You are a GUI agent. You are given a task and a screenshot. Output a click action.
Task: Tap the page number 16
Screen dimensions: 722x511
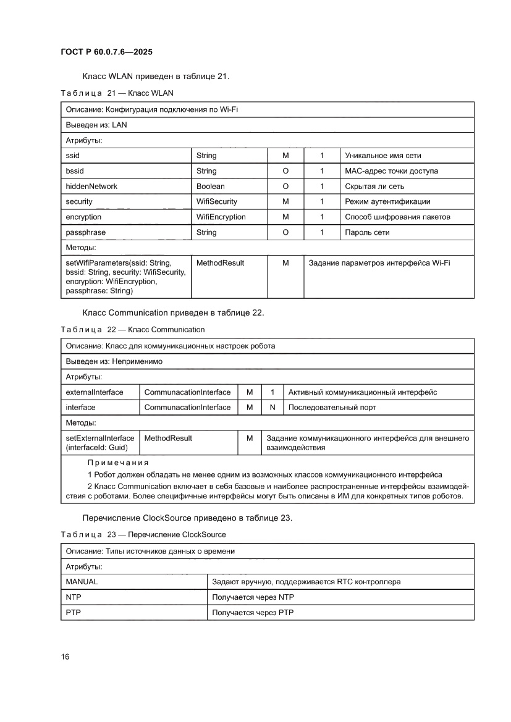click(65, 656)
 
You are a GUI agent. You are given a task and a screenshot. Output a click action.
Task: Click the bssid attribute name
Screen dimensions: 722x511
click(75, 171)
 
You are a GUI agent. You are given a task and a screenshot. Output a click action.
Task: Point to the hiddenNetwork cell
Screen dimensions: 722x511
click(91, 187)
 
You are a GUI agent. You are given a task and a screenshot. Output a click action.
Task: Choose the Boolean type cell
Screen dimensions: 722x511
click(211, 187)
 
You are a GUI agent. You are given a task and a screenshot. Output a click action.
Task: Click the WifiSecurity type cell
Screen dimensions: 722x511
click(216, 202)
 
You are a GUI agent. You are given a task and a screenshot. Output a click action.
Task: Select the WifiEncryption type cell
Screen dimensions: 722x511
click(221, 217)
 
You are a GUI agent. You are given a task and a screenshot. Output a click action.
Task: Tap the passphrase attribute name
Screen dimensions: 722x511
click(85, 233)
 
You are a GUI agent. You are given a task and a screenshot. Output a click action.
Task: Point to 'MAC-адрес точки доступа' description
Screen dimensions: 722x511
click(392, 171)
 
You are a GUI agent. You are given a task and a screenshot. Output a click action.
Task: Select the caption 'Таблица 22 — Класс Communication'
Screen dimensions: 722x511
click(133, 329)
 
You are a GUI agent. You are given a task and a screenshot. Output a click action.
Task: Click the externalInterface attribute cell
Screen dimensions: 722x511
click(94, 392)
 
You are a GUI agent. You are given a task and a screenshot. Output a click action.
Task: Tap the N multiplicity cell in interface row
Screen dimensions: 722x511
click(272, 408)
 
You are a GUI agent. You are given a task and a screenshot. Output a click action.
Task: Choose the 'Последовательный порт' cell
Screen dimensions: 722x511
click(332, 408)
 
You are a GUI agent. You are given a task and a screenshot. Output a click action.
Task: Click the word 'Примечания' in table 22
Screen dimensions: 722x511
click(118, 463)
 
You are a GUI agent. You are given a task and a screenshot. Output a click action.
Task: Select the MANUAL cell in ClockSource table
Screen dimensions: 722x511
click(82, 582)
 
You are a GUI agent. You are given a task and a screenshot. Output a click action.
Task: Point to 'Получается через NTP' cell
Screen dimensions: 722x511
click(253, 597)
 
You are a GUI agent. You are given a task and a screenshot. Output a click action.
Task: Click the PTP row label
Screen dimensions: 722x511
click(74, 613)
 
